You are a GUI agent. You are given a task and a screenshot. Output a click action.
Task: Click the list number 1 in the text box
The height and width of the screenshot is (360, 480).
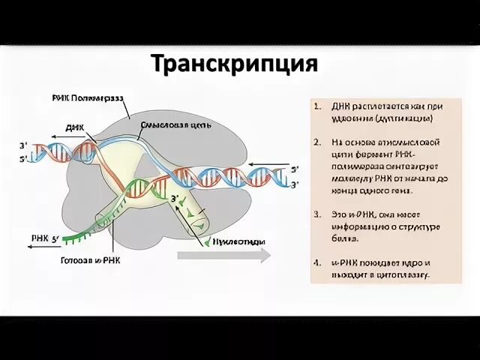pos(319,106)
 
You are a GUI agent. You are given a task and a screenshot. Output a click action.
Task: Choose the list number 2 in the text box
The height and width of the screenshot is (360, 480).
pos(319,142)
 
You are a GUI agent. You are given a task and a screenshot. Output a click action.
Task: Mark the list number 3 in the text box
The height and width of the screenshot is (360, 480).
pos(319,214)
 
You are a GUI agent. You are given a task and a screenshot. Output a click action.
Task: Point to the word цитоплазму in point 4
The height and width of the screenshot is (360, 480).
pos(403,276)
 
